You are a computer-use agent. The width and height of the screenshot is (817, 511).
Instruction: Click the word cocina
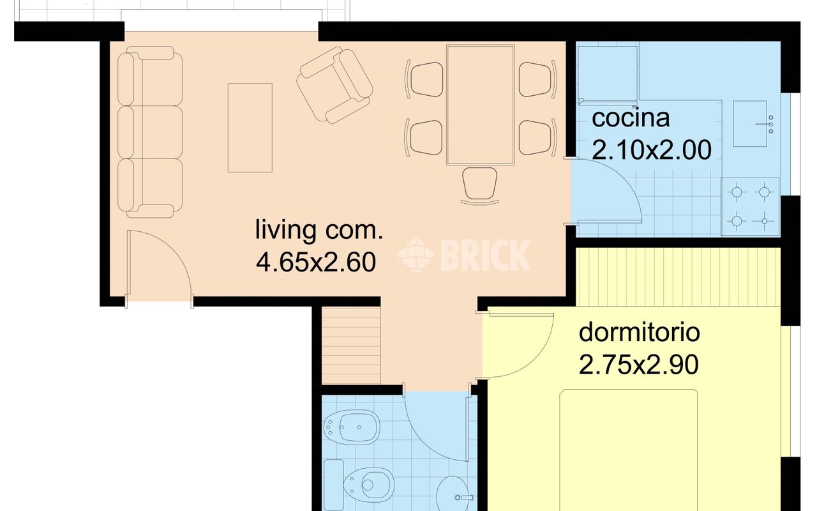click(x=631, y=118)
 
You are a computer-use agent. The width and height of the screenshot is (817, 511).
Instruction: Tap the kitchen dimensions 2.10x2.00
click(x=652, y=149)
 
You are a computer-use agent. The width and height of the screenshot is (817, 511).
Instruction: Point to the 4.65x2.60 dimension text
click(x=316, y=262)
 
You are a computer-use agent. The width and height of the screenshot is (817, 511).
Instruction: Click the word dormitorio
click(x=640, y=332)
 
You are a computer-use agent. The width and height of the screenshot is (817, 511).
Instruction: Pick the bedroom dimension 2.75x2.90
click(x=639, y=364)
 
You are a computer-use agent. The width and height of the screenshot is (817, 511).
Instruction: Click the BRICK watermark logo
click(x=464, y=255)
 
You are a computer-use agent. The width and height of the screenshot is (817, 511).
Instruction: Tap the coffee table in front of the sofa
click(x=250, y=128)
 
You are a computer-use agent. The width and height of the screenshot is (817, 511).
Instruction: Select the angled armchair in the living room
click(x=334, y=85)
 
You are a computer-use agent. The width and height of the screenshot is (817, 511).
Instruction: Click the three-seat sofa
click(x=149, y=132)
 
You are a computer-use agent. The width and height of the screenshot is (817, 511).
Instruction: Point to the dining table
click(x=481, y=105)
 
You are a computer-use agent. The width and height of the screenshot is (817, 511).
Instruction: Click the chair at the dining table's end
click(x=479, y=185)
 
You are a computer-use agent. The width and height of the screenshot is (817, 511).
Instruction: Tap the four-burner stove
click(x=750, y=206)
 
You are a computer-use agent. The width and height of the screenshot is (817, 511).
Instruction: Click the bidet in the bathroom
click(x=352, y=427)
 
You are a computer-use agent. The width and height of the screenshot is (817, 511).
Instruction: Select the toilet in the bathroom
click(x=359, y=484)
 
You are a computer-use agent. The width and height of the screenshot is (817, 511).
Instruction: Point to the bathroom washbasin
click(x=453, y=494)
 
